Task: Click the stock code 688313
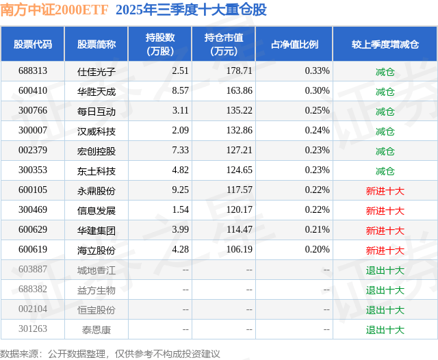33,71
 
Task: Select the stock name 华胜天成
96,91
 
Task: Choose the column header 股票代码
33,44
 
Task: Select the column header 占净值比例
294,44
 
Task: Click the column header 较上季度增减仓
385,44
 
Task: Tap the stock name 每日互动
96,111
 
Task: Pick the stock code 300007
33,131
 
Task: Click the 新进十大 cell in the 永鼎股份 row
385,191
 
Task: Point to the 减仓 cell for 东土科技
385,171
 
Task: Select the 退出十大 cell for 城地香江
385,270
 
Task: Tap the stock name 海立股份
96,250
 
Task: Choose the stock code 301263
33,330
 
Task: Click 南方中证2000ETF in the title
54,10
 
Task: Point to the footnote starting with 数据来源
110,353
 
